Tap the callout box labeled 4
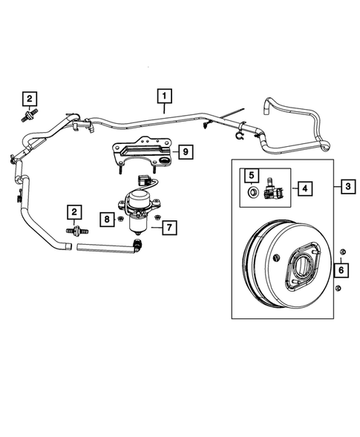click(x=304, y=188)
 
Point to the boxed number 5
click(x=252, y=176)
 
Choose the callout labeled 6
click(x=340, y=272)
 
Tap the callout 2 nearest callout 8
click(x=75, y=213)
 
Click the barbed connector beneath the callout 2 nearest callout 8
click(x=75, y=231)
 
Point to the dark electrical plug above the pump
click(x=144, y=180)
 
